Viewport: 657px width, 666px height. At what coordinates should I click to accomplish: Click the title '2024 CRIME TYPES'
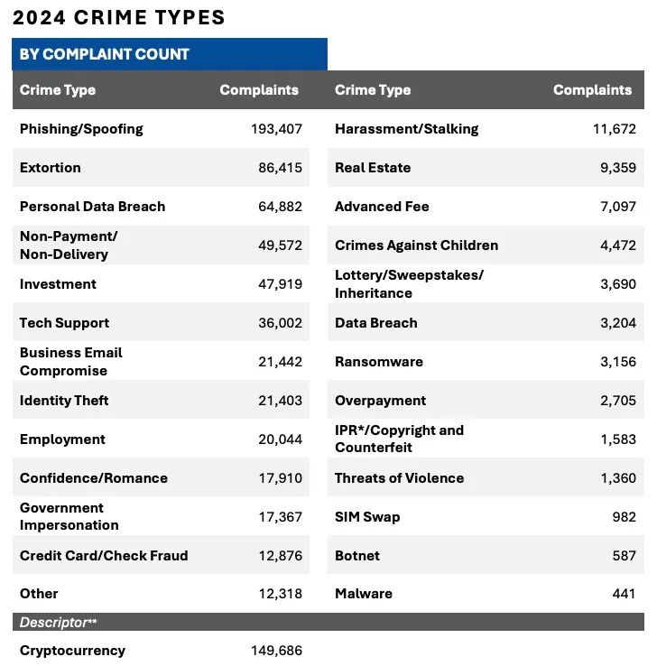tap(119, 18)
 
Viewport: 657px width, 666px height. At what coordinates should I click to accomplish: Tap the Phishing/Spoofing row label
tap(81, 129)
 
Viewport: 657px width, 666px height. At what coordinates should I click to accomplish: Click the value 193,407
tap(276, 129)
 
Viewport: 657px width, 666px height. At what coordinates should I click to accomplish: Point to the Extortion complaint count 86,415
tap(280, 168)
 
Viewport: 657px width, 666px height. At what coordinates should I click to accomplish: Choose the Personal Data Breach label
tap(92, 207)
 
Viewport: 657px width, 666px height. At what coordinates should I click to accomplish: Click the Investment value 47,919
tap(280, 284)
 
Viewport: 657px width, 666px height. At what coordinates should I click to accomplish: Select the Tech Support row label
tap(64, 323)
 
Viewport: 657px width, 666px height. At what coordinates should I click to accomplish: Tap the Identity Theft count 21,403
tap(280, 401)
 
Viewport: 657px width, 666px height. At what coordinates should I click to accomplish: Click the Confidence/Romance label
tap(94, 478)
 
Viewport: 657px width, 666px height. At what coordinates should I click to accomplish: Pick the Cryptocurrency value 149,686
tap(276, 651)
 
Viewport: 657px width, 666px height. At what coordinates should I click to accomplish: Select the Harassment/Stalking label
tap(406, 129)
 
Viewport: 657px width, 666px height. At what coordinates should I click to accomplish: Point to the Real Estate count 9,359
tap(617, 168)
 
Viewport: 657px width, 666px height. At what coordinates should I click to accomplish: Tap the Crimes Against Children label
tap(416, 245)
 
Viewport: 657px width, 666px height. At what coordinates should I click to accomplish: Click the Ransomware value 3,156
tap(617, 362)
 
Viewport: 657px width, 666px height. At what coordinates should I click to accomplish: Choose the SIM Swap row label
tap(367, 517)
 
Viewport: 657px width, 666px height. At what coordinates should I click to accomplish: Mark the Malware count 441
tap(624, 594)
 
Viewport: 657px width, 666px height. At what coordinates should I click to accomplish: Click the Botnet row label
tap(357, 556)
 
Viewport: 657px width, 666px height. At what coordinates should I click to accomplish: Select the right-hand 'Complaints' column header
tap(592, 90)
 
